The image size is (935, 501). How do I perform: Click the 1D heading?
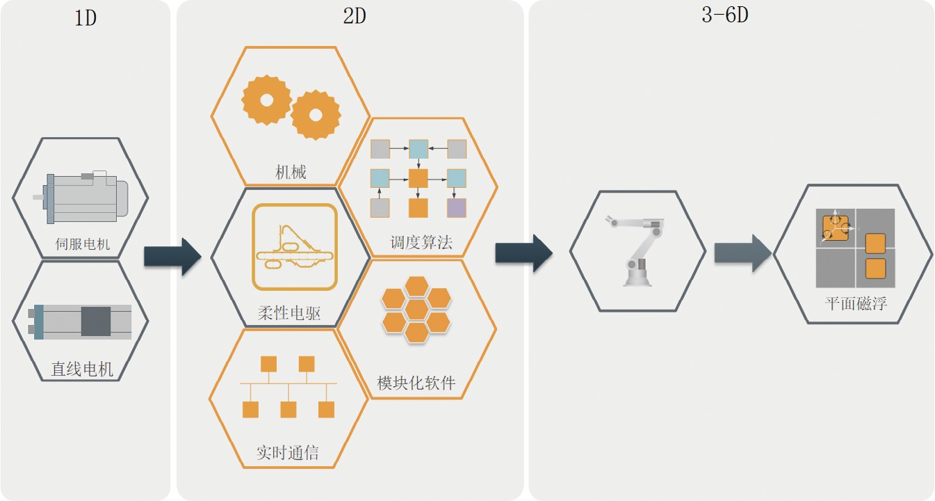(x=85, y=17)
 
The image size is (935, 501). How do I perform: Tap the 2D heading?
(x=355, y=16)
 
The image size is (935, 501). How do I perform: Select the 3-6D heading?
(x=724, y=15)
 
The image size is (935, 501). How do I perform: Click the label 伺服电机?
(x=83, y=244)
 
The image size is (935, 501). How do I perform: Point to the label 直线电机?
(x=82, y=369)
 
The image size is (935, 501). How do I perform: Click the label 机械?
(x=291, y=172)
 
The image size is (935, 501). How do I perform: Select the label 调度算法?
(x=421, y=242)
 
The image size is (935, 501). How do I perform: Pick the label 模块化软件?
(x=416, y=383)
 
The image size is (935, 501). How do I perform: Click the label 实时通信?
(x=287, y=453)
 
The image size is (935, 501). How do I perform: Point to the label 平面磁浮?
(x=856, y=303)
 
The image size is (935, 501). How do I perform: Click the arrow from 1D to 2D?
(x=172, y=257)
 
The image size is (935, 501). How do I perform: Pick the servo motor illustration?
(x=82, y=198)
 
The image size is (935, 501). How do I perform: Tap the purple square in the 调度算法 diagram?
(x=456, y=207)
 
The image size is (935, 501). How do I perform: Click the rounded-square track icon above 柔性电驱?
(x=295, y=247)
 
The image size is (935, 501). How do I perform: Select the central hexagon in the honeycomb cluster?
(x=416, y=308)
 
